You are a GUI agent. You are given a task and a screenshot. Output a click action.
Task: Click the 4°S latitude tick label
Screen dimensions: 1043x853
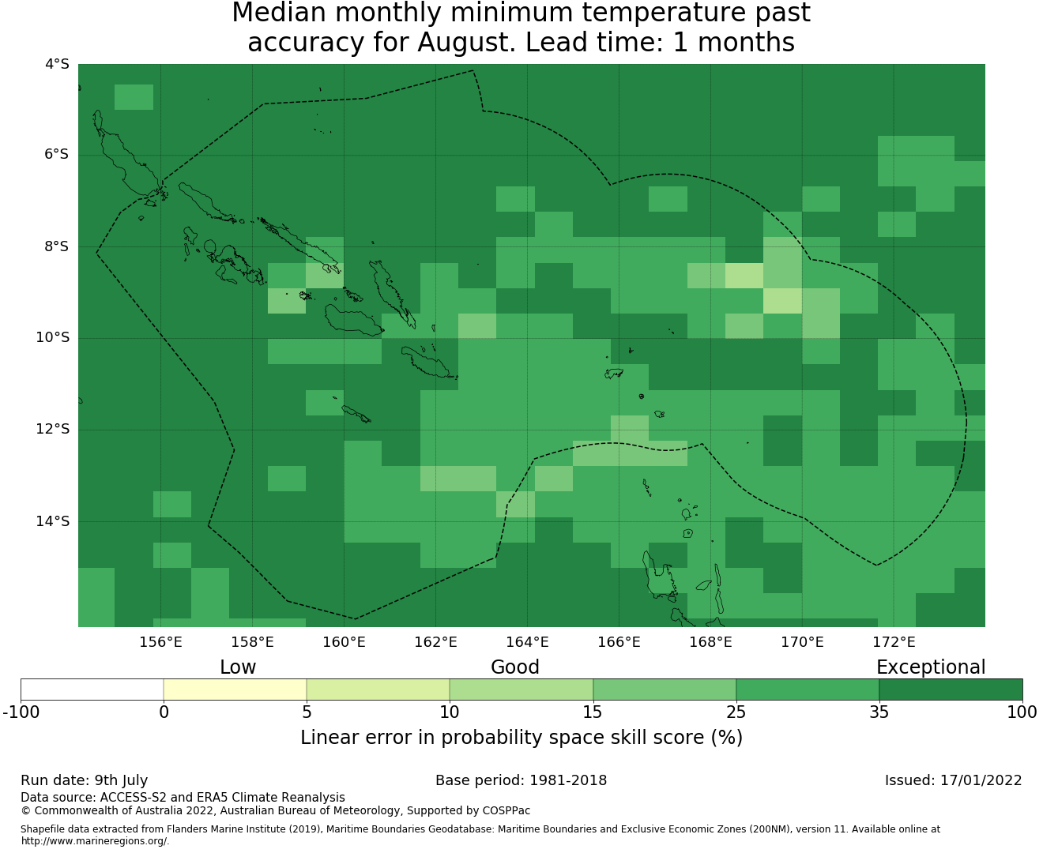(57, 64)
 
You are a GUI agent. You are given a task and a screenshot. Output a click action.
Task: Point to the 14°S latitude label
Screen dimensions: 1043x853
(52, 521)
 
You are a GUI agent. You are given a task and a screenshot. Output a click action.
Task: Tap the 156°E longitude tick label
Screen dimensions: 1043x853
(160, 642)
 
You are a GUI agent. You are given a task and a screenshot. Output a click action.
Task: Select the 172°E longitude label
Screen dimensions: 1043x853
(894, 642)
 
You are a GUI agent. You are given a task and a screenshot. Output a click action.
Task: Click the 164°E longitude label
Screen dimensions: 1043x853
(527, 642)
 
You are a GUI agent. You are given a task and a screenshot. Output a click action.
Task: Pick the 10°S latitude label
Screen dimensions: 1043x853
(52, 338)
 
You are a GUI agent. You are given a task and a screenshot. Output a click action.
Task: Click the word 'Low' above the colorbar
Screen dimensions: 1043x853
(238, 667)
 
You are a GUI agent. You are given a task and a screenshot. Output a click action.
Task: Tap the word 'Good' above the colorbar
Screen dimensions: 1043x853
(515, 667)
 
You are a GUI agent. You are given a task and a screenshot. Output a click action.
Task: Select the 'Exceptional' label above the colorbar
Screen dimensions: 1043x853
(931, 667)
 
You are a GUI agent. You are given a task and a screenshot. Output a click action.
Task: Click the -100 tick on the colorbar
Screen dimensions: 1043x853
(21, 712)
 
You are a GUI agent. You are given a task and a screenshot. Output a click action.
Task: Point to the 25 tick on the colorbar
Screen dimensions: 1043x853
(736, 712)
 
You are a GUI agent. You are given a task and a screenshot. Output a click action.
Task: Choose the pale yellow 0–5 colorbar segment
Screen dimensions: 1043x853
(235, 690)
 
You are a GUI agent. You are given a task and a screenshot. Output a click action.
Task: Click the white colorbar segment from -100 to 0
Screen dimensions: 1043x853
(92, 690)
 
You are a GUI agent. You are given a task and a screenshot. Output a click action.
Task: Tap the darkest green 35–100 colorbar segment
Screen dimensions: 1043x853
(951, 690)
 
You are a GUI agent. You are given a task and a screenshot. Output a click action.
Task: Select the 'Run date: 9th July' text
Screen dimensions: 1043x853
(84, 780)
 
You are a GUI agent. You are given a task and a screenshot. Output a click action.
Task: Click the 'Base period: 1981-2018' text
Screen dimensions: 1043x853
(521, 780)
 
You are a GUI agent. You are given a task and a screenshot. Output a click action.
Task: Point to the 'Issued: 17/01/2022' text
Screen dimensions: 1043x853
(953, 780)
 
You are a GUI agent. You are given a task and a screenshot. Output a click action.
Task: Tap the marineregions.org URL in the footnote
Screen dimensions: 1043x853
(95, 841)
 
